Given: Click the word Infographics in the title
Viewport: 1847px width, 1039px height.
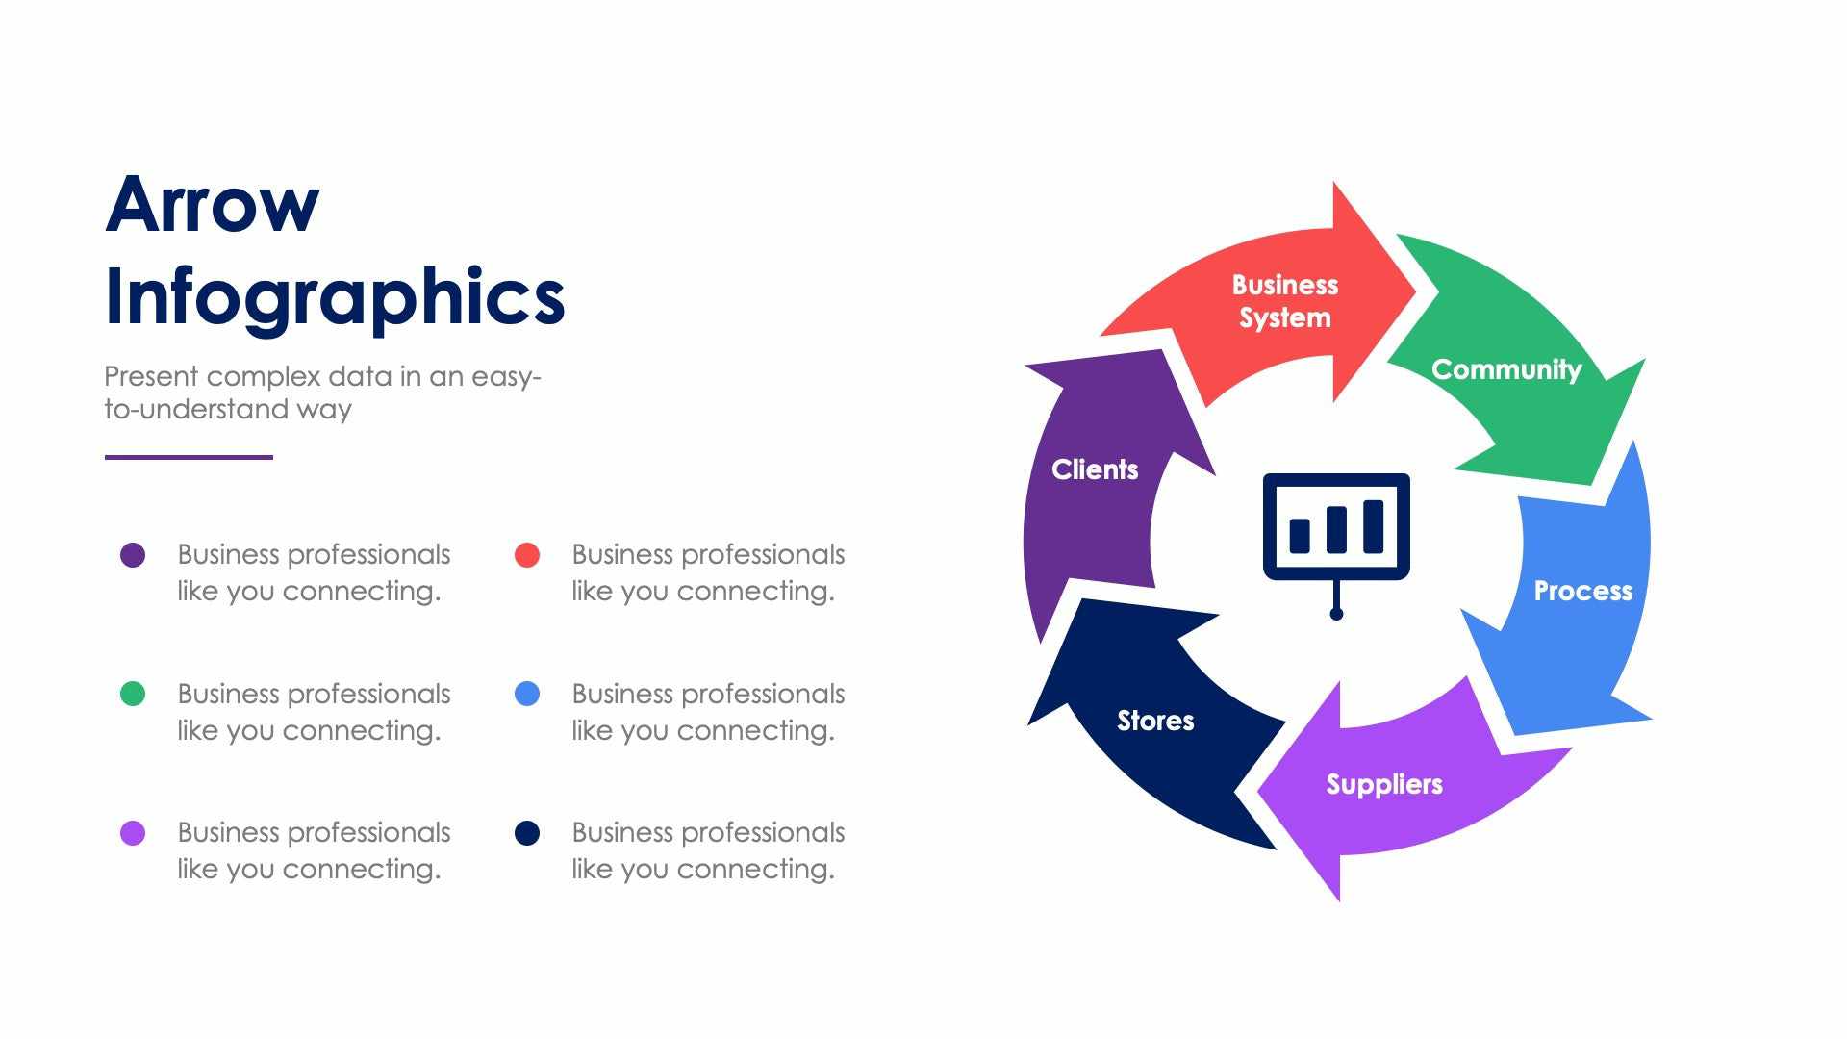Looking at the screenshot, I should click(334, 298).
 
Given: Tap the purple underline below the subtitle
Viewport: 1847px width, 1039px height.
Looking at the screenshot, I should click(189, 457).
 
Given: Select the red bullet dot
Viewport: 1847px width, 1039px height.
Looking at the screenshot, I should click(527, 555).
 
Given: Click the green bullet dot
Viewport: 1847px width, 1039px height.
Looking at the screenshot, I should click(133, 694).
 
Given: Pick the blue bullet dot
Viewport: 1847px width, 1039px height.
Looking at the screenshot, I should click(527, 694).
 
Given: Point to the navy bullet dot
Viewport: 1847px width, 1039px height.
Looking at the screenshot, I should click(527, 833).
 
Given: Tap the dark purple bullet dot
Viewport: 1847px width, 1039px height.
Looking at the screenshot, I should click(133, 555).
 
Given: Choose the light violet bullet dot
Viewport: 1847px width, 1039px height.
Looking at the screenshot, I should click(133, 833).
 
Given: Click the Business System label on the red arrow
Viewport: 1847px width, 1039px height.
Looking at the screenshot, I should click(1285, 301).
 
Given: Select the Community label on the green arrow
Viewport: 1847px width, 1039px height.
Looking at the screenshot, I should click(1506, 369).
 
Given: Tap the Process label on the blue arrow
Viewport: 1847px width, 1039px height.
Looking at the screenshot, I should click(1582, 591).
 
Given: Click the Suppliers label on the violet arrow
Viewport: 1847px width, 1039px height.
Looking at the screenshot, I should click(1384, 784).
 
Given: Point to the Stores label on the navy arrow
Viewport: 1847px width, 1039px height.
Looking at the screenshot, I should click(1155, 721).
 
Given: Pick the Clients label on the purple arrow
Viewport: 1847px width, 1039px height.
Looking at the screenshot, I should click(1095, 469).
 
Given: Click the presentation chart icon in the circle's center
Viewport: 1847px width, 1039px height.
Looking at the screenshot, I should click(1336, 528).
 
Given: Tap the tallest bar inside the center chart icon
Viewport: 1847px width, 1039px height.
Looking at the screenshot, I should click(1374, 526).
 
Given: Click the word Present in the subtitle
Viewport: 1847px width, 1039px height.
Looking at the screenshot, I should click(151, 376).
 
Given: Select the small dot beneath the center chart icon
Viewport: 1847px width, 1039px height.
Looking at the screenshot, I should click(1336, 614).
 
